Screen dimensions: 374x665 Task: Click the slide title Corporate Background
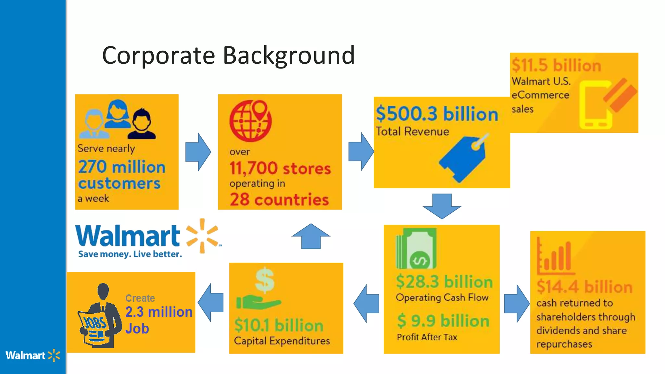tap(228, 55)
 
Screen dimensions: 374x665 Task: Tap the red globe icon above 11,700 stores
tap(250, 121)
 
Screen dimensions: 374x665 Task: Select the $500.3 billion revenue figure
tap(437, 114)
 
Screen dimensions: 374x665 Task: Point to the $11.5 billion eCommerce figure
tap(556, 65)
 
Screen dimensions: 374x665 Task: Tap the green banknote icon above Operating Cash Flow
tap(416, 248)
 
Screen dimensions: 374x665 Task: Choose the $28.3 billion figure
tap(444, 281)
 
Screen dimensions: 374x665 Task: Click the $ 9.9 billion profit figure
tap(443, 321)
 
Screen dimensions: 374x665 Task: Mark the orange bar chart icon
tap(554, 256)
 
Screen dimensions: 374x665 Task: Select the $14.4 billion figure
tap(584, 287)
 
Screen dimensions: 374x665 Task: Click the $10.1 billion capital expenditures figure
tap(279, 325)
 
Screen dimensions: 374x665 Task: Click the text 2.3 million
tap(158, 312)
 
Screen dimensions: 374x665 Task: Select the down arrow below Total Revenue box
tap(442, 206)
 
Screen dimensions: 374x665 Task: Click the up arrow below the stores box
tap(311, 236)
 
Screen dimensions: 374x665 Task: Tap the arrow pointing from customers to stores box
tap(198, 152)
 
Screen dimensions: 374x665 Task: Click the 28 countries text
tap(279, 199)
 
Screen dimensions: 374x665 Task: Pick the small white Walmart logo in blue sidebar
tap(32, 355)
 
